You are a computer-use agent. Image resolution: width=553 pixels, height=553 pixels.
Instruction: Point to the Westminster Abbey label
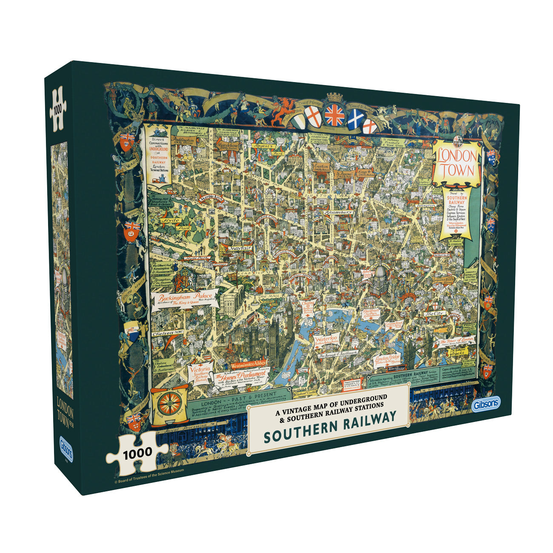249,364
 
